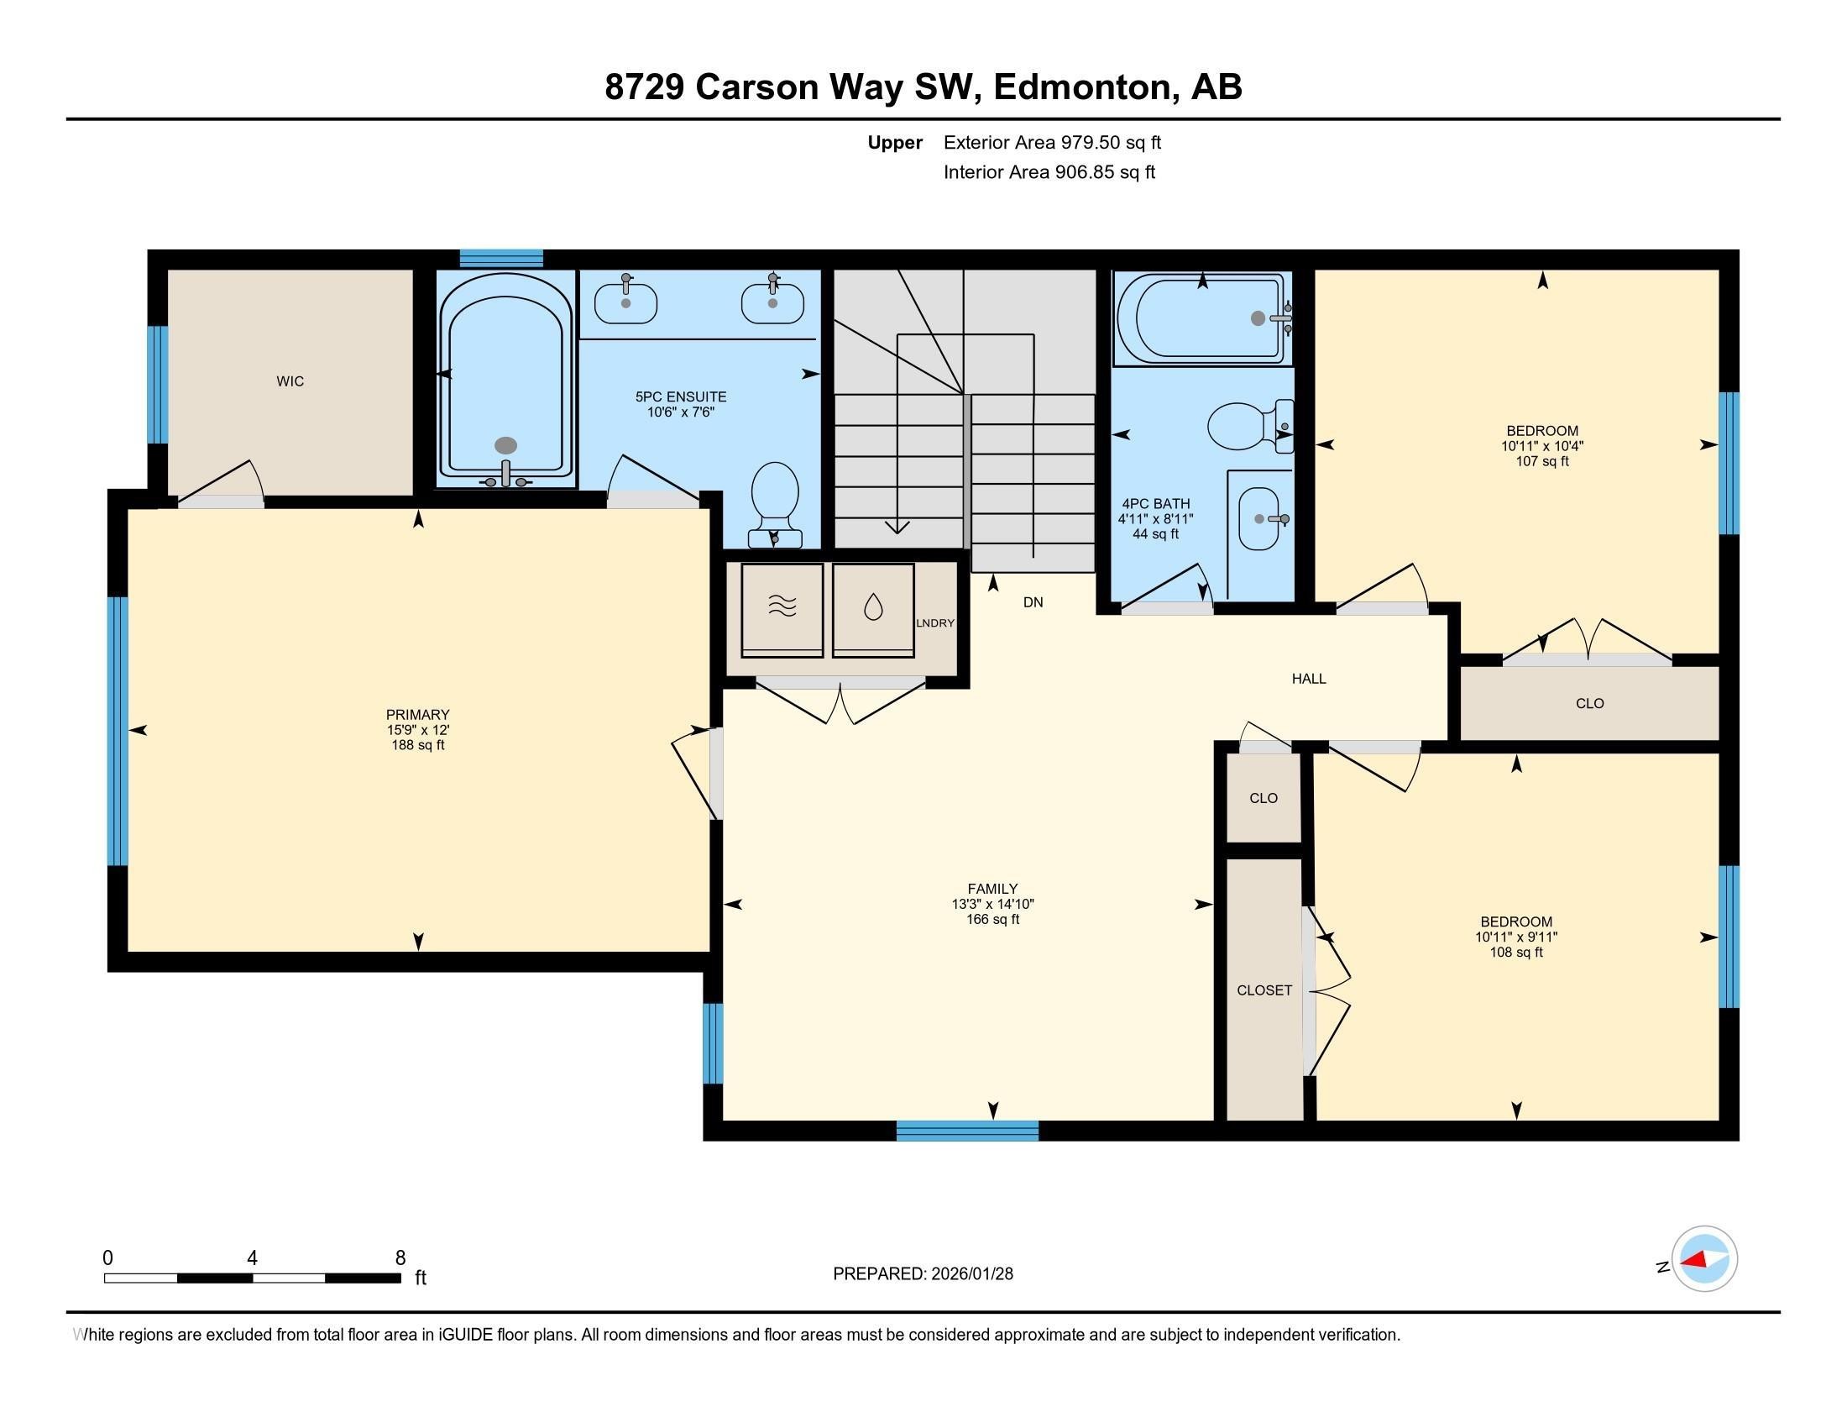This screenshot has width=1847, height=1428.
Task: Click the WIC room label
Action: point(290,381)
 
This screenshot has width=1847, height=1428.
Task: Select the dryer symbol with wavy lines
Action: point(782,607)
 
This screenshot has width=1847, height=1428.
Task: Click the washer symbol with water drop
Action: point(873,607)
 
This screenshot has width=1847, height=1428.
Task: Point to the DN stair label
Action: point(1033,602)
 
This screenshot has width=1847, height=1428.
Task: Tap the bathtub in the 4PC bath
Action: point(1201,320)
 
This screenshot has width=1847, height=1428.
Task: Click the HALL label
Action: point(1308,679)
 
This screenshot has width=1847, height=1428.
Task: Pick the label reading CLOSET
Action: point(1264,990)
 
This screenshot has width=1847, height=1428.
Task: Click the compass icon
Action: point(1704,1258)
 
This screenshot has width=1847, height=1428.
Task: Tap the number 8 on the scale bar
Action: point(400,1258)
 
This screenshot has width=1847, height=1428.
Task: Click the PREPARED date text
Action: point(923,1273)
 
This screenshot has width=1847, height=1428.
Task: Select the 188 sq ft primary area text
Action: point(418,745)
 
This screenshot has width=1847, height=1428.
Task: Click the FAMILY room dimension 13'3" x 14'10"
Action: point(992,905)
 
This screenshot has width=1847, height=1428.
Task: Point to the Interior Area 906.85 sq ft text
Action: point(1049,172)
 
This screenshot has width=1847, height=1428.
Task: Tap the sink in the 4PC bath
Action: point(1259,518)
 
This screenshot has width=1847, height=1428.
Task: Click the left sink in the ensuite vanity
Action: point(625,304)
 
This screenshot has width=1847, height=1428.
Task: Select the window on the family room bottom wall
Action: point(966,1131)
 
